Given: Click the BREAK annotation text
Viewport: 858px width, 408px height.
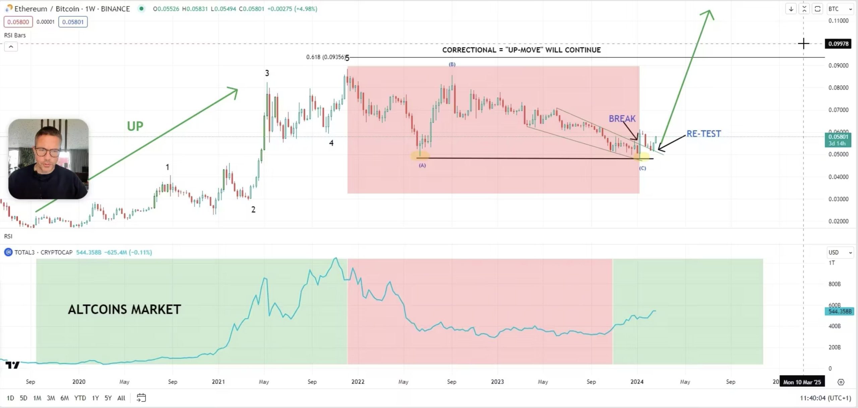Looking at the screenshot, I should tap(622, 119).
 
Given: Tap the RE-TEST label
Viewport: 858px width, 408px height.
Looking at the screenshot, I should tap(703, 134).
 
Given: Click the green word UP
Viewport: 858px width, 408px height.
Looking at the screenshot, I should tap(135, 126).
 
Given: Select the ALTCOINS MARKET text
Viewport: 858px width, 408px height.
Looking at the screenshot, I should tap(124, 309).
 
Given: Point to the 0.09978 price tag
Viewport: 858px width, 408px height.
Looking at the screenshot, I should tap(838, 44).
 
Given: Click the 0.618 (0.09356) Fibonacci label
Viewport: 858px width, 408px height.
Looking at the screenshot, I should tap(326, 57).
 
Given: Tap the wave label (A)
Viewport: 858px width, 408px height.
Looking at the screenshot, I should tap(422, 165).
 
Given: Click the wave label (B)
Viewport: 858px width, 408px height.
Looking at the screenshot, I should tap(452, 64).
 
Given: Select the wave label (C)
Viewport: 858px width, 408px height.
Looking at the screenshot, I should tap(642, 168).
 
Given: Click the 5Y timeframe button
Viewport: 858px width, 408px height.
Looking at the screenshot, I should tap(108, 398).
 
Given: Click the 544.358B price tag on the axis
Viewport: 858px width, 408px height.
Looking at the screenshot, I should tap(839, 311).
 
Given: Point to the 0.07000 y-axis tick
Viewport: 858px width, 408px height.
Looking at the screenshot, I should tap(838, 110).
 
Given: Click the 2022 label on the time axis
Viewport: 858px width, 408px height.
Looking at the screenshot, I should tap(358, 382).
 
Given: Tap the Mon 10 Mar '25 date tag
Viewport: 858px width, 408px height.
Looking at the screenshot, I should tap(802, 382).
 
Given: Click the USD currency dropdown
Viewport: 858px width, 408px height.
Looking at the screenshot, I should tap(840, 252).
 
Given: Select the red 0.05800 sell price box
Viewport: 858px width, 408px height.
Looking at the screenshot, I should tap(18, 22).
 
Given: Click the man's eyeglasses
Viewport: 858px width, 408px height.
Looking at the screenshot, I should tap(47, 153).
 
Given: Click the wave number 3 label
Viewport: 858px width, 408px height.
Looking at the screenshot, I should tap(267, 73).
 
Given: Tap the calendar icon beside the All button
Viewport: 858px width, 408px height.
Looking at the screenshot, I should tap(141, 398).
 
